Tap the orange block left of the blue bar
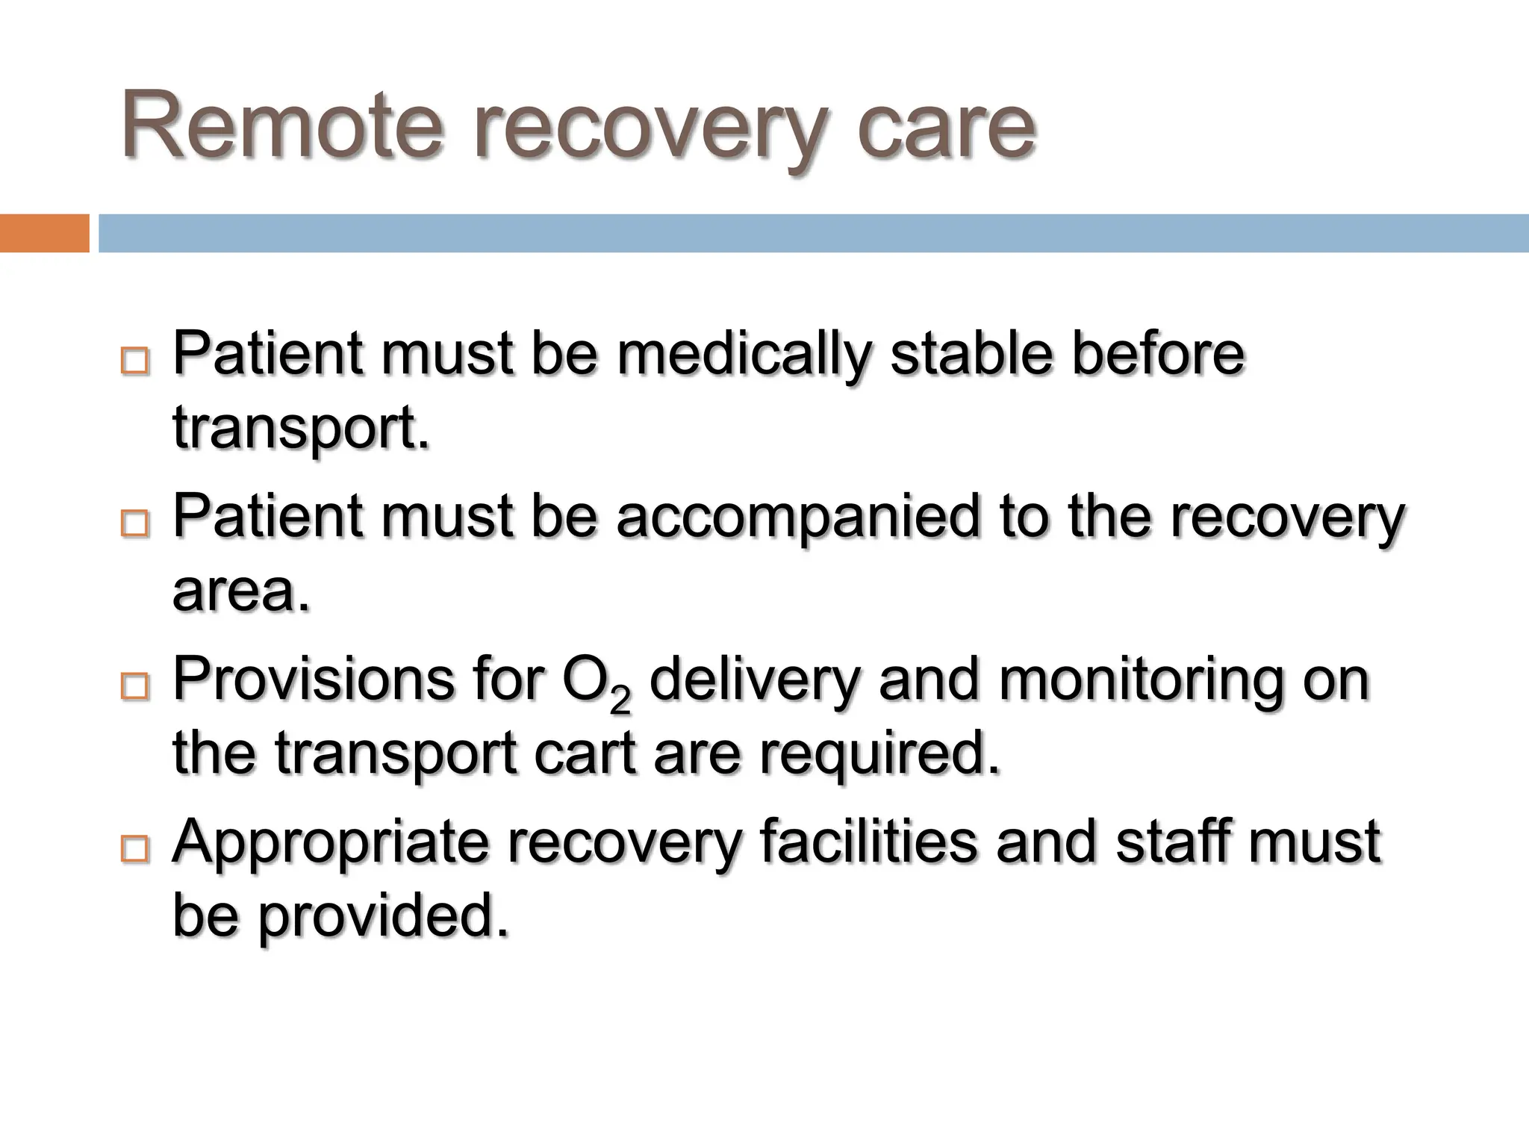(x=44, y=233)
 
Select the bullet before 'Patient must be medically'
(x=134, y=362)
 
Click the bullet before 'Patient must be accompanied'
(x=134, y=524)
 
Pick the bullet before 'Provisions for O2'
(x=134, y=687)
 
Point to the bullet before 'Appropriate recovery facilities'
(x=134, y=850)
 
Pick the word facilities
(x=868, y=842)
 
